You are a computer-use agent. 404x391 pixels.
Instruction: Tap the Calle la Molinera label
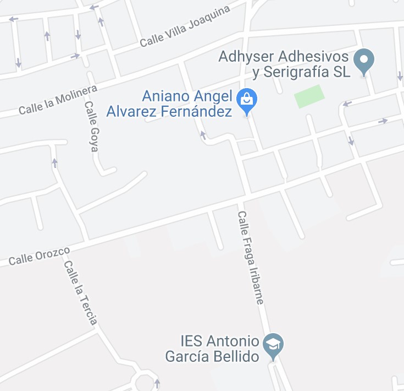(x=58, y=100)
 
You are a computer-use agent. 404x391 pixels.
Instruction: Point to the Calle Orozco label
(x=39, y=256)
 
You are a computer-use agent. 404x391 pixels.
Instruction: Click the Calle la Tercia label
(x=80, y=292)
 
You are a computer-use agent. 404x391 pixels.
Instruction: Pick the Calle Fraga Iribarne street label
(x=251, y=258)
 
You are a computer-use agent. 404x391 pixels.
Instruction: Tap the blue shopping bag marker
(x=247, y=100)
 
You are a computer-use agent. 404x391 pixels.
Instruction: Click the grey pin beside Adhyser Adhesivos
(x=363, y=61)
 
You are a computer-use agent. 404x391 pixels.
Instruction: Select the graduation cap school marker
(x=273, y=345)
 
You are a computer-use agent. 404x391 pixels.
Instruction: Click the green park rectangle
(x=309, y=96)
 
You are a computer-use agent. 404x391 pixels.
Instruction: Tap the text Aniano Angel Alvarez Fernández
(x=186, y=104)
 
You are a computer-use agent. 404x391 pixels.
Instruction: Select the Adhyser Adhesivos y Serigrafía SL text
(x=284, y=64)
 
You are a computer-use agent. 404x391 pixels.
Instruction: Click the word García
(x=186, y=356)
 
